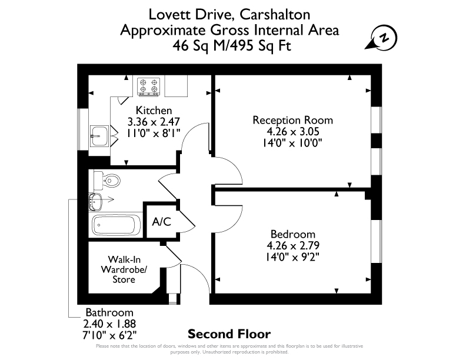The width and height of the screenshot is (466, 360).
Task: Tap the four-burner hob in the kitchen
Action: [148, 86]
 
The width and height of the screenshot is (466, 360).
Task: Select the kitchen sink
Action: [99, 136]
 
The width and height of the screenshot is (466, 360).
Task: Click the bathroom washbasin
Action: [95, 202]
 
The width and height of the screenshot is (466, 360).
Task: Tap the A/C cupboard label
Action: [161, 222]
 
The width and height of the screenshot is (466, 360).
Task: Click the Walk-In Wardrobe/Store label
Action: [124, 269]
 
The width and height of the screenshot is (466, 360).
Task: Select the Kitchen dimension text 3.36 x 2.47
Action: [154, 122]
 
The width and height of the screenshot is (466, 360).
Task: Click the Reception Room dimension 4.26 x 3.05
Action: [293, 131]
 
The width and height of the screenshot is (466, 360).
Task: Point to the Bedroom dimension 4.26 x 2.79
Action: [293, 245]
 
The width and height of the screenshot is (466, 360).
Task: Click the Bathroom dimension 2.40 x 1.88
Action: [109, 324]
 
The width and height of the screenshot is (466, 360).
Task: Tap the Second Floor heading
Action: [229, 334]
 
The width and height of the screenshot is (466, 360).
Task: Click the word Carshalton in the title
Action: [275, 15]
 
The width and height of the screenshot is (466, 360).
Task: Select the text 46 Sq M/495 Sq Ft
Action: [232, 46]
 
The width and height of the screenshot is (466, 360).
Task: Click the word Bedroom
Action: [293, 234]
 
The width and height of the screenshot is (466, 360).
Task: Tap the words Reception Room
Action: [293, 120]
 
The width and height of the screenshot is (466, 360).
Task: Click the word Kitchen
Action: [154, 110]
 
